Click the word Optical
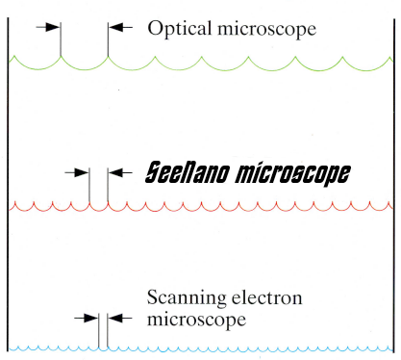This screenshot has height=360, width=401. [x=180, y=29]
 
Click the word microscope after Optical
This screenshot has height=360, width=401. [x=267, y=29]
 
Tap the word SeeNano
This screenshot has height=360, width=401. [x=188, y=172]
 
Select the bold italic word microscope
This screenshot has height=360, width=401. [x=293, y=174]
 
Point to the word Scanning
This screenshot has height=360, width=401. [x=187, y=298]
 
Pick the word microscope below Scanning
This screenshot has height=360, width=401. [x=196, y=320]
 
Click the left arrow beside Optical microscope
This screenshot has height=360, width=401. [x=48, y=27]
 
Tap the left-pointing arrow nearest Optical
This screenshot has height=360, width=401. [x=120, y=27]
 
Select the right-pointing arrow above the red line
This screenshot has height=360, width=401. [x=77, y=172]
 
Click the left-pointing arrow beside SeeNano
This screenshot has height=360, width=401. [x=120, y=172]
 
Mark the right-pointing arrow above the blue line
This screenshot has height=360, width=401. [x=86, y=319]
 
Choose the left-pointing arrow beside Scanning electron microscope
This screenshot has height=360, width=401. [x=119, y=319]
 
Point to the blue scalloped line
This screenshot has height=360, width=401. [x=201, y=348]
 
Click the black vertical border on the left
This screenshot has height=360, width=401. [x=8, y=185]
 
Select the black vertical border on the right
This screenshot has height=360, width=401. [x=394, y=186]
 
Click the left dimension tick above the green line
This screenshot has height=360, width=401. [x=61, y=39]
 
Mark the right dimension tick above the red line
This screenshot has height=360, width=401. [x=108, y=185]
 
